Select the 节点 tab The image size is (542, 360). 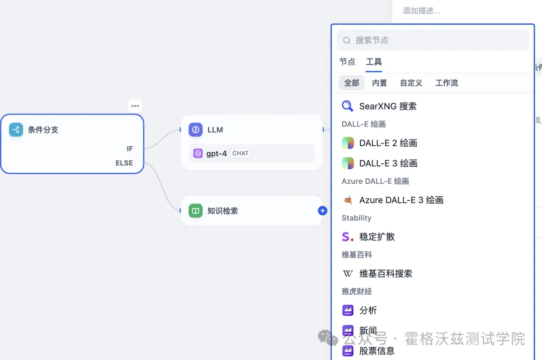347,62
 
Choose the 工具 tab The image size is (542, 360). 374,62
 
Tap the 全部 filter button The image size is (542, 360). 352,83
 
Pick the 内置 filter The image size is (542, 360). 379,83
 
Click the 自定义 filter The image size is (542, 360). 411,83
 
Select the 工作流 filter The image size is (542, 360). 447,83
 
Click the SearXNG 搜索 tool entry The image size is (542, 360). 387,106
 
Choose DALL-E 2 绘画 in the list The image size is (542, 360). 388,143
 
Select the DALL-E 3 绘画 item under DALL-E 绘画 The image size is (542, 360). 388,163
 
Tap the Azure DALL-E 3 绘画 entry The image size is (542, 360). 401,200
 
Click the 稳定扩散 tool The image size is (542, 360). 377,236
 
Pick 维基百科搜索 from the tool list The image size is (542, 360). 385,274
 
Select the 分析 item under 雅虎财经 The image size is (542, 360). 368,310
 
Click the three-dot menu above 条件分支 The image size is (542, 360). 135,106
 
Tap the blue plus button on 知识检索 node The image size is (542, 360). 323,211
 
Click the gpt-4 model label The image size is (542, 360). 216,153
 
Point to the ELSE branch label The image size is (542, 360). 124,163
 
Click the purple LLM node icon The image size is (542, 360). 196,130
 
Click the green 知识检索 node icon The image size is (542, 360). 196,211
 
